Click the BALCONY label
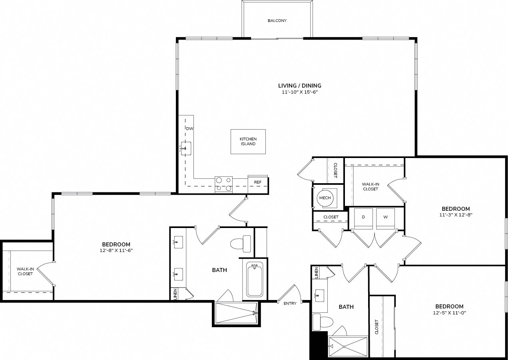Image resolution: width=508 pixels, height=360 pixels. pyautogui.click(x=277, y=21)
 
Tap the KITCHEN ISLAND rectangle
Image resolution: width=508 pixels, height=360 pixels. pyautogui.click(x=248, y=142)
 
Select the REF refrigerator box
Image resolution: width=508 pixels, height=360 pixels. pyautogui.click(x=258, y=184)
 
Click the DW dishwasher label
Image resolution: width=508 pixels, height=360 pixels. pyautogui.click(x=189, y=129)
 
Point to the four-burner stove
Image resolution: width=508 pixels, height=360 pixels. pyautogui.click(x=223, y=184)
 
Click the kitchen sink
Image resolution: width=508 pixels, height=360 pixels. pyautogui.click(x=186, y=148)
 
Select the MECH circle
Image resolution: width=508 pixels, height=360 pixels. pyautogui.click(x=325, y=198)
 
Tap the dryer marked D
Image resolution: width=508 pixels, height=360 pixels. pyautogui.click(x=363, y=219)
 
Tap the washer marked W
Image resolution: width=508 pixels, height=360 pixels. pyautogui.click(x=386, y=219)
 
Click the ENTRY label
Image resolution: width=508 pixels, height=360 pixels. pyautogui.click(x=290, y=304)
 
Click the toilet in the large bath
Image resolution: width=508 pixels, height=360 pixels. pyautogui.click(x=240, y=244)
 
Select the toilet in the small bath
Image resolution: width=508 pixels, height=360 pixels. pyautogui.click(x=323, y=322)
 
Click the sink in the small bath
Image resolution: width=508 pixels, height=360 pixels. pyautogui.click(x=320, y=296)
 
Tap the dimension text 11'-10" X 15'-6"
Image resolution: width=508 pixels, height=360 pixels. pyautogui.click(x=300, y=92)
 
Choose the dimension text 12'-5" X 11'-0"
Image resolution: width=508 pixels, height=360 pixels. pyautogui.click(x=450, y=313)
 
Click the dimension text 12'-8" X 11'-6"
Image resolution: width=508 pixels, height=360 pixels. pyautogui.click(x=116, y=250)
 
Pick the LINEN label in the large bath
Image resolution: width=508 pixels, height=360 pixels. pyautogui.click(x=175, y=294)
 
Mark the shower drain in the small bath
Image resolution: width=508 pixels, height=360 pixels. pyautogui.click(x=344, y=347)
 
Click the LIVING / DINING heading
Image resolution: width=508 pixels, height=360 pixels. pyautogui.click(x=300, y=86)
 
